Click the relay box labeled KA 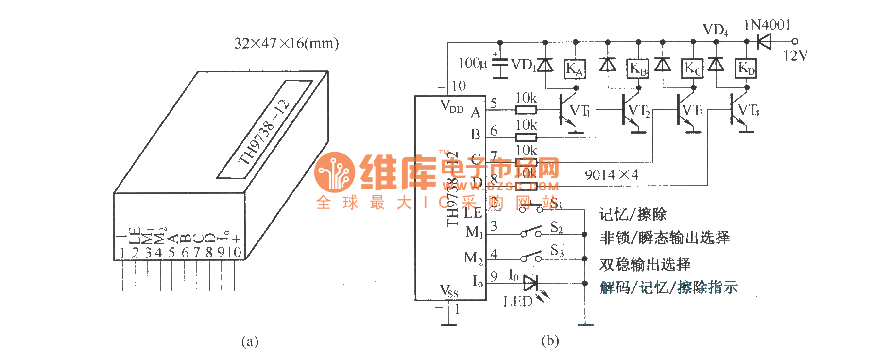pos(575,69)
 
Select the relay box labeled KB pos(638,69)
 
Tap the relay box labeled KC pos(693,69)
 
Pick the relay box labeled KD pos(746,69)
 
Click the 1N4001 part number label pos(767,25)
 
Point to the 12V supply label pos(795,56)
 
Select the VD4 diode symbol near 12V pos(764,41)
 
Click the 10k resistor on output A pos(526,110)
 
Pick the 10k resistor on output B pos(526,137)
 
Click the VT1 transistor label pos(580,111)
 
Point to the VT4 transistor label pos(749,110)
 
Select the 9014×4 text pos(611,175)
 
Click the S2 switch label pos(557,227)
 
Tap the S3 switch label pos(557,251)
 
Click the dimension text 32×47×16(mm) pos(287,44)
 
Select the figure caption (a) pos(250,342)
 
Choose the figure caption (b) pos(550,341)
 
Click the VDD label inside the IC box pos(451,106)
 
